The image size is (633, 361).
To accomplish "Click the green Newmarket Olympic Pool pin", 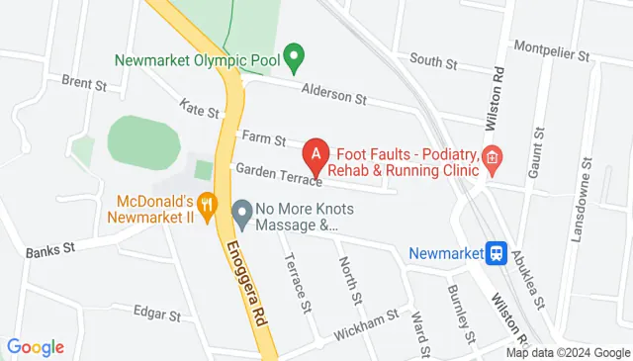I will (293, 53).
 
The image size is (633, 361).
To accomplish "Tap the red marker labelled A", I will (315, 154).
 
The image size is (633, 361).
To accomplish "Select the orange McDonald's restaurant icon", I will (207, 205).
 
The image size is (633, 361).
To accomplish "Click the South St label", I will (433, 61).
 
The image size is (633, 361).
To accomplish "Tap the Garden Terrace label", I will (280, 173).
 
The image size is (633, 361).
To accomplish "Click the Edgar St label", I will (156, 314).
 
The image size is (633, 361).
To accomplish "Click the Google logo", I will (36, 347).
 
